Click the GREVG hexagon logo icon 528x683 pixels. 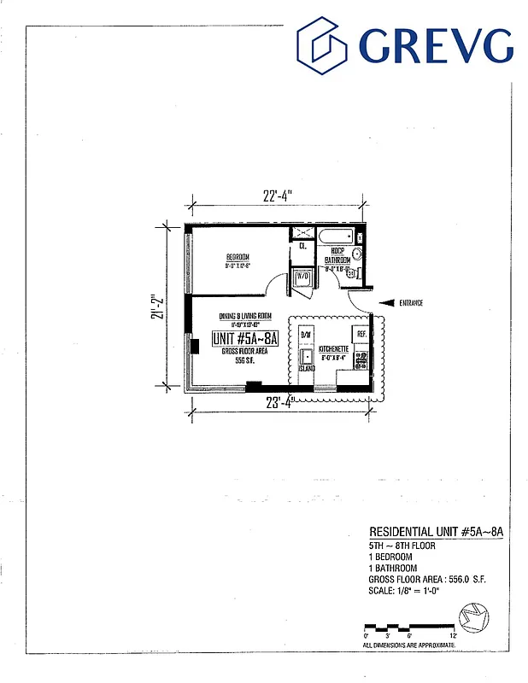323,45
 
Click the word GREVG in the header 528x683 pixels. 436,46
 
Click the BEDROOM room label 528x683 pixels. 238,257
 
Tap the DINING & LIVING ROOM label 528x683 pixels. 245,314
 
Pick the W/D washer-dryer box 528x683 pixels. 302,277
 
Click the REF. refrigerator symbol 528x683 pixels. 361,334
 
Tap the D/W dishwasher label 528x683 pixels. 306,335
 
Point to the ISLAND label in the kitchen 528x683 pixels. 307,369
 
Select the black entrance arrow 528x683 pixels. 384,302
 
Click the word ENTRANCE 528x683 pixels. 411,303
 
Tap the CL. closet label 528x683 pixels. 302,246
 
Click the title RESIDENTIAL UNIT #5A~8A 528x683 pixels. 436,531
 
